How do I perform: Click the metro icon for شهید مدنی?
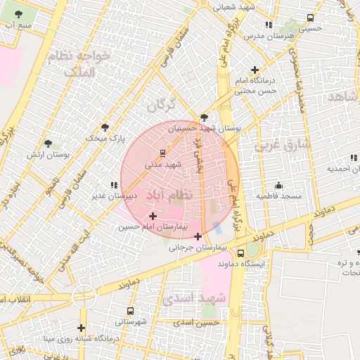(x=163, y=152)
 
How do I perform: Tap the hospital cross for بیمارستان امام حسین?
(x=153, y=216)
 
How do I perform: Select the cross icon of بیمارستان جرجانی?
(x=198, y=236)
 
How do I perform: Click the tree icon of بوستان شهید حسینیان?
(x=204, y=117)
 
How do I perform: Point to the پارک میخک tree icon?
(x=105, y=127)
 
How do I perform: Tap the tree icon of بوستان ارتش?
(x=48, y=143)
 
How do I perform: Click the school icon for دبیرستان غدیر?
(x=114, y=185)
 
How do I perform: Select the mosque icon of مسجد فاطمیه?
(x=278, y=185)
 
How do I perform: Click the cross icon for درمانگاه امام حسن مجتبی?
(x=255, y=70)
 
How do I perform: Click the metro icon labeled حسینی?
(x=309, y=18)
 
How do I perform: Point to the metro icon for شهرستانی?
(x=131, y=310)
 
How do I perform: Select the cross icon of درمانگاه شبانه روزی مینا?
(x=82, y=328)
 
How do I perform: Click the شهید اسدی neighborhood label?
(x=193, y=299)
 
